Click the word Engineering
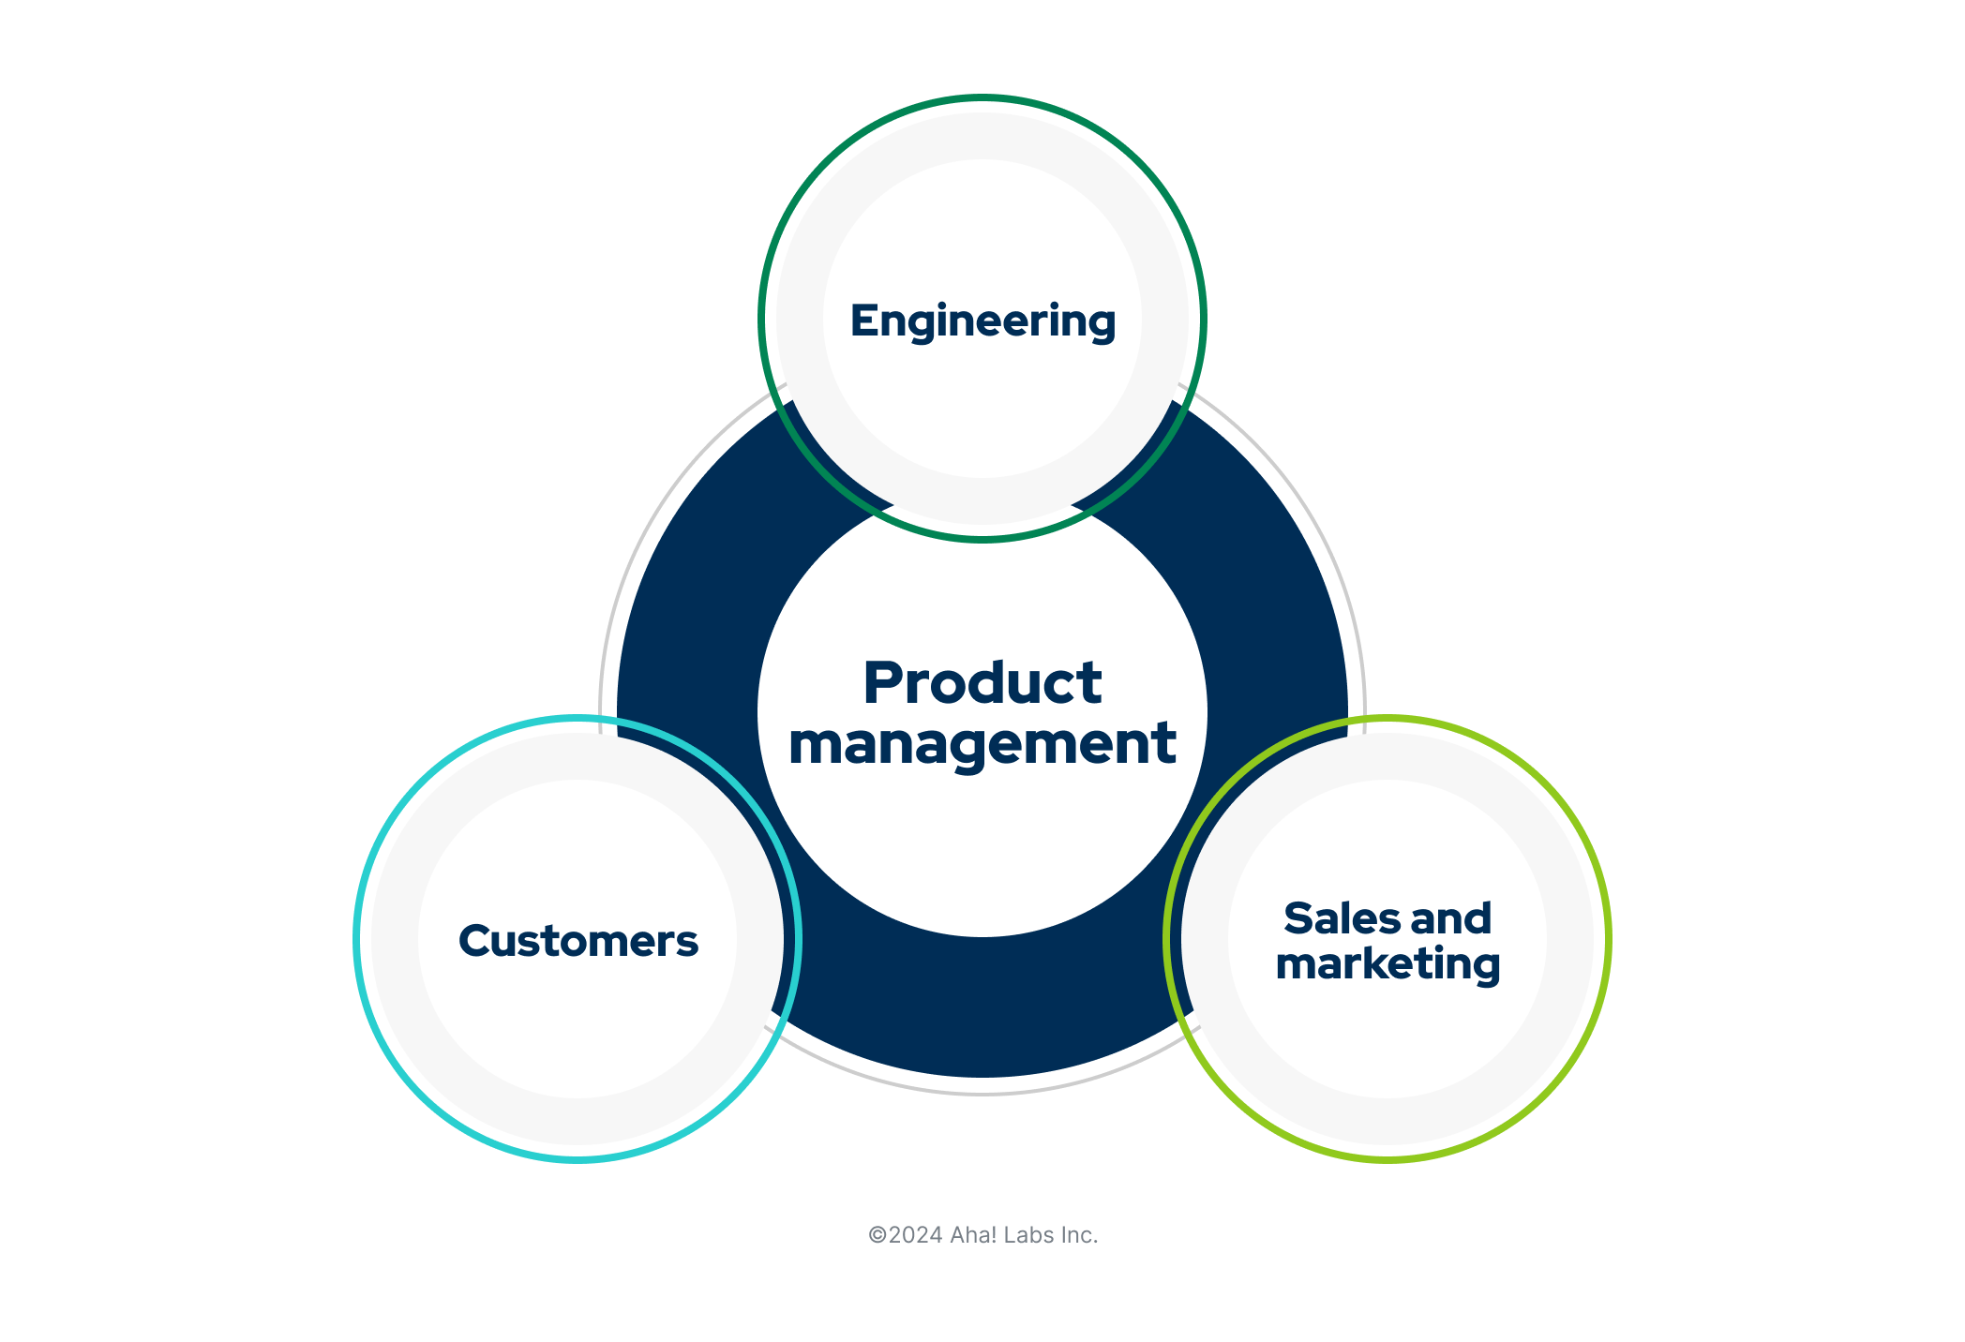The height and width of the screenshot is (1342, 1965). [982, 321]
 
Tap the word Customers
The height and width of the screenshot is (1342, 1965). [577, 941]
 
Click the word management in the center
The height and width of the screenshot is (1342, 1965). [982, 743]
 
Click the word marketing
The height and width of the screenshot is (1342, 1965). [1387, 964]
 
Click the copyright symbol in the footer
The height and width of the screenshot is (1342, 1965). [877, 1235]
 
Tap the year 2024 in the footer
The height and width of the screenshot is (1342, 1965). [915, 1235]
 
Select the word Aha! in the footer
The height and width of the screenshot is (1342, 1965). [973, 1235]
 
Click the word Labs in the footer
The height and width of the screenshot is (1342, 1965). [1028, 1235]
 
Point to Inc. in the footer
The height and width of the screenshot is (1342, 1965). [1079, 1235]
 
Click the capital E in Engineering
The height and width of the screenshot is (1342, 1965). [862, 321]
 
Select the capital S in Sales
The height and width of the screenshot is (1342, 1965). [1298, 918]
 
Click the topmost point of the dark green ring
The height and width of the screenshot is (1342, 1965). [982, 97]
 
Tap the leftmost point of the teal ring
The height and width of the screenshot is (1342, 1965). [356, 939]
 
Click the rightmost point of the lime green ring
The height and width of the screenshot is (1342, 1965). [1608, 939]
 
